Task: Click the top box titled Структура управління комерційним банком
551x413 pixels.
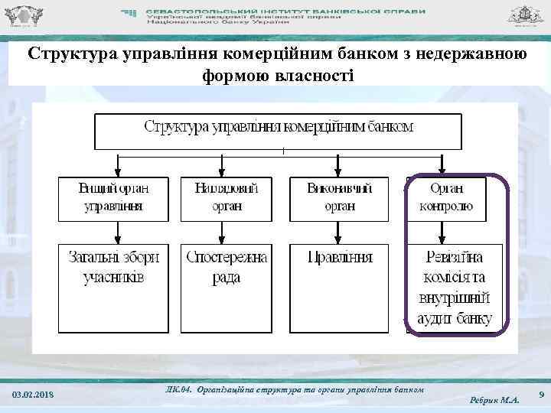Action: pos(279,131)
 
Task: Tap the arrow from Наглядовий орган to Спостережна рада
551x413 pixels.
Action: pos(227,233)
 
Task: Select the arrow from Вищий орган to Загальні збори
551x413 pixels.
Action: pos(116,233)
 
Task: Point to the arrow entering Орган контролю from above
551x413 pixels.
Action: pos(443,164)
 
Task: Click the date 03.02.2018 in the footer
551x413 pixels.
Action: pos(34,394)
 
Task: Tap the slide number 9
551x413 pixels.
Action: pos(541,394)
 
